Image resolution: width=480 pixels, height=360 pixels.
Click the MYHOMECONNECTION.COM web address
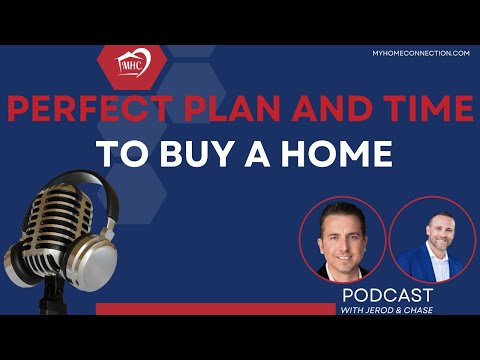tap(420, 52)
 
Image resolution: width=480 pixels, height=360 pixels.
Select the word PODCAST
tap(388, 296)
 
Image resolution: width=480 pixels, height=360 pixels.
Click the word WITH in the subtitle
tap(355, 312)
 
